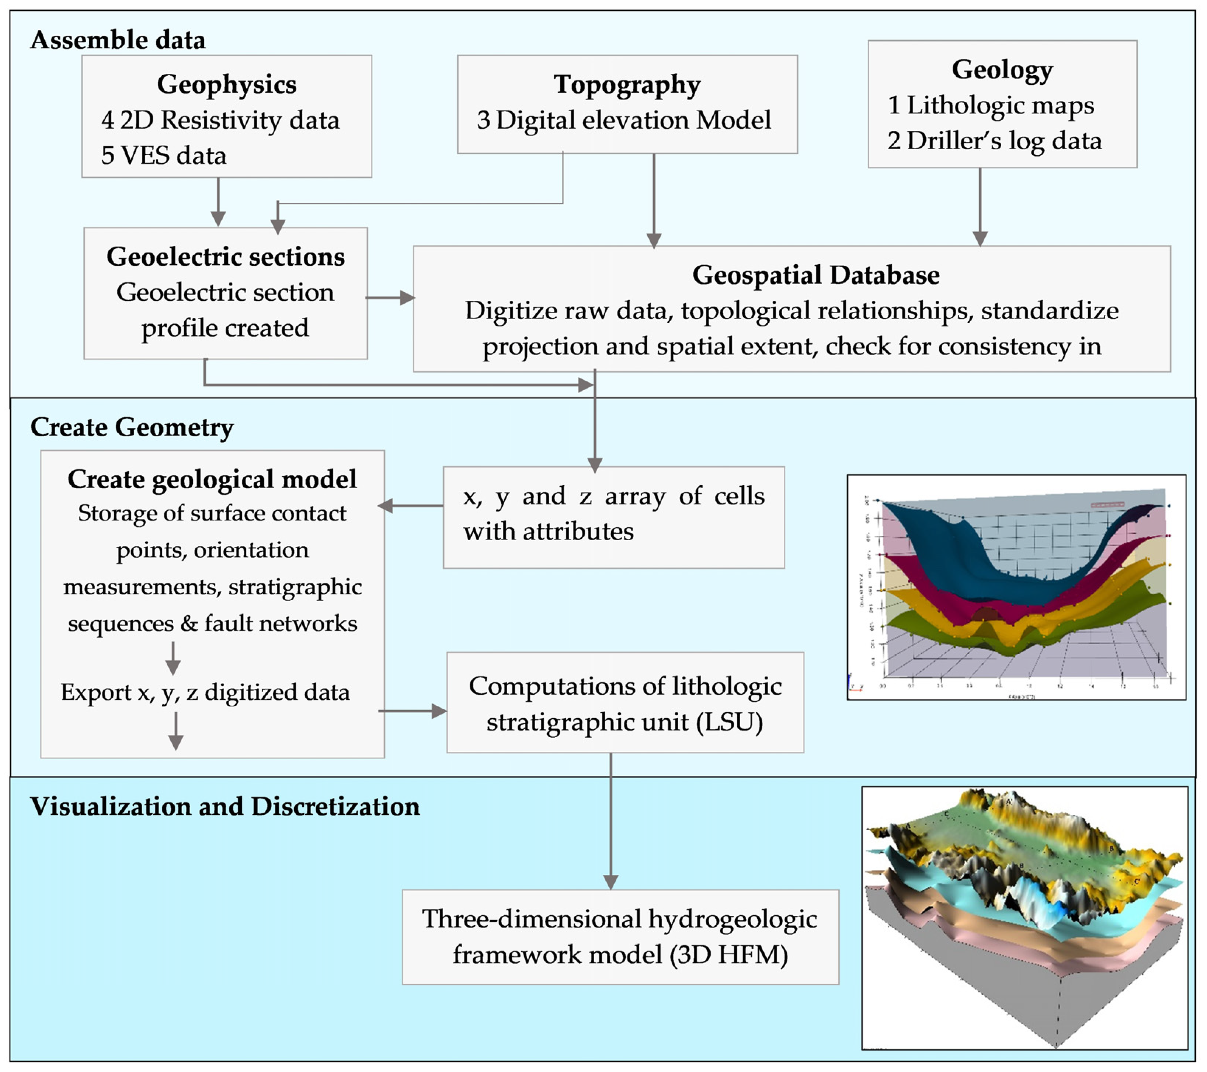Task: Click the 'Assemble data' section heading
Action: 118,40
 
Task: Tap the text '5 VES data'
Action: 164,155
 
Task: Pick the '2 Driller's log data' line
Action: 994,140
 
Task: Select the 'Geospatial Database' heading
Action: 815,275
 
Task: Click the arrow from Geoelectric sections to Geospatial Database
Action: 390,297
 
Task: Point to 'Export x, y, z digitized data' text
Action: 205,692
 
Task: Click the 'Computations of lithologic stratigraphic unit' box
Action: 625,702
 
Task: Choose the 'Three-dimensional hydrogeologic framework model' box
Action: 620,937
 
